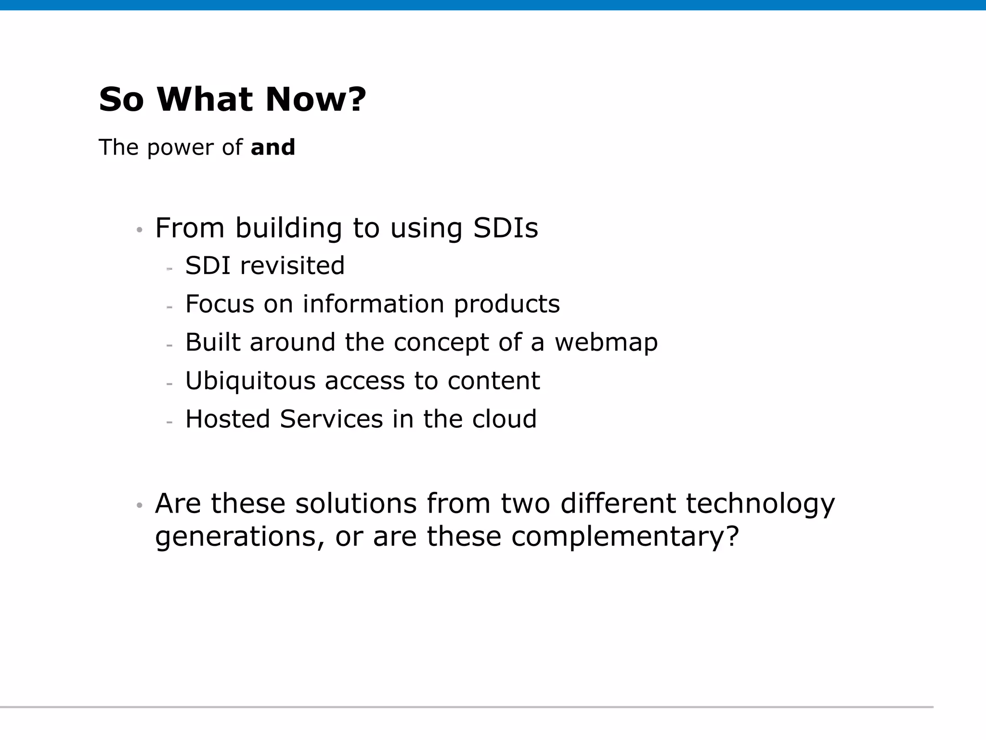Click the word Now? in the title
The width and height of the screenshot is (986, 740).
[x=315, y=100]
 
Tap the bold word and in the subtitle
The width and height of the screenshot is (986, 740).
[x=273, y=147]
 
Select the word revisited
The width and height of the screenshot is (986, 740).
[x=292, y=266]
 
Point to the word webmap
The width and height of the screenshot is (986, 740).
[x=606, y=343]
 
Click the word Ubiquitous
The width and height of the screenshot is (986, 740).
[x=250, y=381]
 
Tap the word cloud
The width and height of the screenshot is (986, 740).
[x=504, y=419]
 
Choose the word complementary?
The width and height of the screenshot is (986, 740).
[x=624, y=537]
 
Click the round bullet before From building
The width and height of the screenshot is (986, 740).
[x=140, y=230]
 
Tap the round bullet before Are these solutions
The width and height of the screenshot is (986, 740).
[x=140, y=505]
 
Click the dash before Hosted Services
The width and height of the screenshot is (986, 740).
[x=169, y=422]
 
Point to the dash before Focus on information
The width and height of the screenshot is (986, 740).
[x=169, y=307]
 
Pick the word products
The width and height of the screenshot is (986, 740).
[x=506, y=305]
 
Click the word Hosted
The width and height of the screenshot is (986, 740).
[x=227, y=419]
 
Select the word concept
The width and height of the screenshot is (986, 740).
[x=441, y=344]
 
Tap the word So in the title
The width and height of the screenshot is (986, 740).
[x=121, y=100]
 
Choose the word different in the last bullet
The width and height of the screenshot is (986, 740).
[x=618, y=504]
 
